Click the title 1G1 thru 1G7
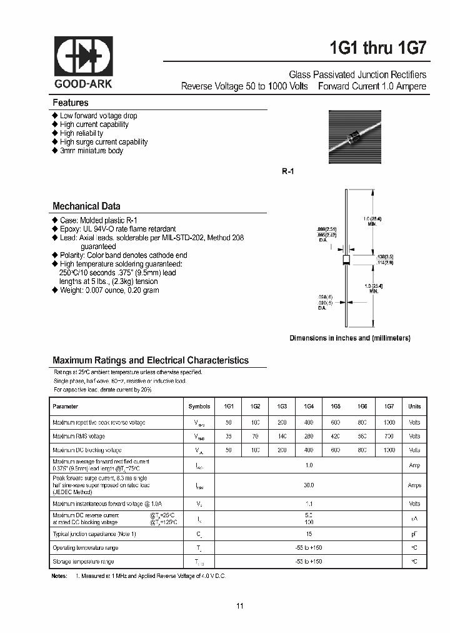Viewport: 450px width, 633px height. click(x=377, y=48)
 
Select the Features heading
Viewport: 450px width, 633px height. click(x=71, y=103)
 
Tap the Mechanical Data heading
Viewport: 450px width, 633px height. click(x=86, y=206)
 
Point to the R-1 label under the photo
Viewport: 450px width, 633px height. click(x=287, y=171)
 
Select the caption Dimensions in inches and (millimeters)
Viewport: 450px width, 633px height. click(x=349, y=338)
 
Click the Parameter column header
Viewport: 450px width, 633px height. click(x=66, y=407)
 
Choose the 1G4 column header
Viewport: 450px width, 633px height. click(x=309, y=407)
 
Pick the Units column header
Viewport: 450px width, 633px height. click(x=414, y=407)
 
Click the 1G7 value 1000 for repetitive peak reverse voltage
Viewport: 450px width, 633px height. click(x=389, y=422)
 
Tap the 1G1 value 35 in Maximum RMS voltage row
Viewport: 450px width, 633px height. click(x=228, y=436)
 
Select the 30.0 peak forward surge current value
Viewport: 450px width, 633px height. click(x=309, y=485)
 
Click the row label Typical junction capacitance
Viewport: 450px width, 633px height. click(x=94, y=534)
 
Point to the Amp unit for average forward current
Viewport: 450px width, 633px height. click(x=414, y=465)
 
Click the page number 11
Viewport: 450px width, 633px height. click(x=240, y=605)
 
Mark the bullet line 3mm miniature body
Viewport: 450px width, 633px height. click(x=91, y=151)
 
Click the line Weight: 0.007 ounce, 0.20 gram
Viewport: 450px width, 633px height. click(x=109, y=290)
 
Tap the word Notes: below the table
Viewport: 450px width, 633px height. click(x=59, y=575)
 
